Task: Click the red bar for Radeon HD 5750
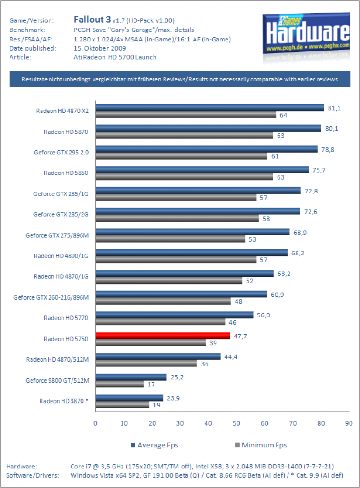tap(163, 335)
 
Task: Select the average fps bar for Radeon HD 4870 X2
tap(210, 108)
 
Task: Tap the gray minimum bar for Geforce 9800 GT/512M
tap(120, 385)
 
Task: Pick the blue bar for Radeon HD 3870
tap(129, 398)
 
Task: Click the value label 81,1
tap(334, 108)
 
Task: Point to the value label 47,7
tap(240, 336)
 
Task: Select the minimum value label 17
tap(151, 385)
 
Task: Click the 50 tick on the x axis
tap(237, 423)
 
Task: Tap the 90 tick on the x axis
tap(349, 423)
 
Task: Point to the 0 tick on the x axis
tap(95, 423)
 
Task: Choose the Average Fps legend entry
tap(154, 445)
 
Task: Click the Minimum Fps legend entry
tap(261, 445)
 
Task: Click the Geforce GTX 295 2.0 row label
tap(62, 152)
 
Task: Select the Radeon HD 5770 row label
tap(66, 318)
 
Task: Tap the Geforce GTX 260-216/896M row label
tap(51, 297)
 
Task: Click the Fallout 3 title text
tap(92, 20)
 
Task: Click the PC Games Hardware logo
tap(307, 34)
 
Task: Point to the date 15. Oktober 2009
tap(100, 48)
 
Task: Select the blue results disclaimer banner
tap(180, 80)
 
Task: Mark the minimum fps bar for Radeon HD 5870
tap(185, 135)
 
